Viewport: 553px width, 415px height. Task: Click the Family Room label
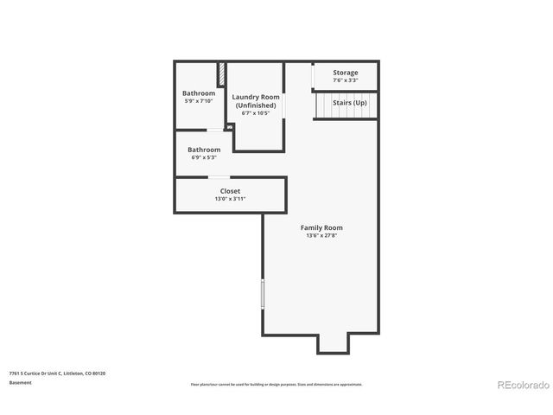[321, 227]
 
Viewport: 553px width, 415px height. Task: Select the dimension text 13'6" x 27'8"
[321, 236]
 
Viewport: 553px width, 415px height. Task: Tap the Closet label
[230, 191]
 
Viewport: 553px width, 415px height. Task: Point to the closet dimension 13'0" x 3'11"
[230, 199]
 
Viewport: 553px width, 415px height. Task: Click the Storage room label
[345, 73]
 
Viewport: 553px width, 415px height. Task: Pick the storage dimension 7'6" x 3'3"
[345, 80]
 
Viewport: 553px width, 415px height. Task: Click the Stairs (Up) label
[350, 103]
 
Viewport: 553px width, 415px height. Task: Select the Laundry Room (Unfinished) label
[256, 101]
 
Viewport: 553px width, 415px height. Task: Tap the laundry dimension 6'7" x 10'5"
[256, 113]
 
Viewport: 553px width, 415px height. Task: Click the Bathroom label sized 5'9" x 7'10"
[199, 93]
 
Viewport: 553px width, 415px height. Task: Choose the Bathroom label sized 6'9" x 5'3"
[204, 150]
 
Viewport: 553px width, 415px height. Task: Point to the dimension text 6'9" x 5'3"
[204, 157]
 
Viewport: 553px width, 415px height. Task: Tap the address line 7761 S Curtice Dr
[57, 373]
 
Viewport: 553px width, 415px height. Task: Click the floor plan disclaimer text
[276, 384]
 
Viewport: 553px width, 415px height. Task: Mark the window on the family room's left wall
[263, 294]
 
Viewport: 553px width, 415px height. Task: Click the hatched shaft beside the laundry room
[221, 73]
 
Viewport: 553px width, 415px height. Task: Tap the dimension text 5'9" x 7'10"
[199, 101]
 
